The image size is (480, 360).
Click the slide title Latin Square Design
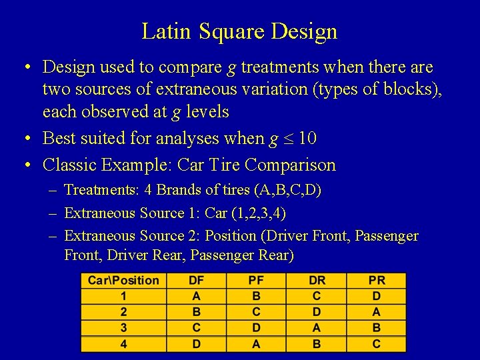coord(239,31)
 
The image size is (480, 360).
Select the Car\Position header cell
coord(123,281)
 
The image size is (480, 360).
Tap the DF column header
coord(197,281)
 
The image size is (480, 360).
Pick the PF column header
coord(256,281)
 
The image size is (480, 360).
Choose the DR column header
coord(317,281)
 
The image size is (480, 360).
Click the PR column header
coord(377,281)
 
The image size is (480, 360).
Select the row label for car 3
coord(123,328)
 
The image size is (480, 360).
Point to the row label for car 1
coord(123,296)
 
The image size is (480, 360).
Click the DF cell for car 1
coord(197,296)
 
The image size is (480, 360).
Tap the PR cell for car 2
coord(377,312)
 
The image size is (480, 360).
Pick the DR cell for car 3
coord(317,328)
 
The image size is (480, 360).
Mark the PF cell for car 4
coord(256,344)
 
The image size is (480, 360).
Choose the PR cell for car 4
coord(377,344)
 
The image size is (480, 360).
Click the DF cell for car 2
coord(197,312)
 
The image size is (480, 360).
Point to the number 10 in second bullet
coord(307,139)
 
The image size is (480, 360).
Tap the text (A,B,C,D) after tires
coord(287,190)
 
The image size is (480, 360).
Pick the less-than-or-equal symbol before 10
coord(288,139)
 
